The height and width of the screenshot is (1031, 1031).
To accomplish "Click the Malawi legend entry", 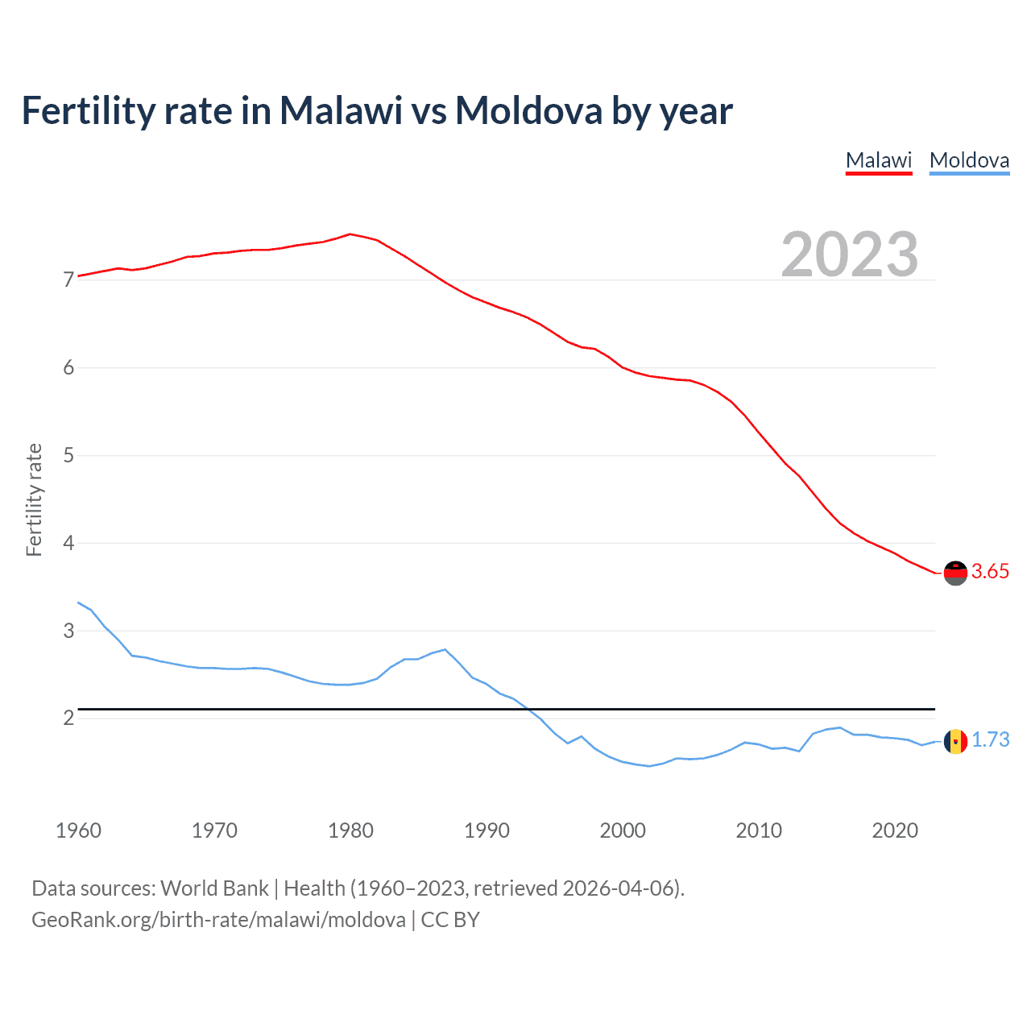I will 879,160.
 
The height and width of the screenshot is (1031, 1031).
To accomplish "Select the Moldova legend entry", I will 969,160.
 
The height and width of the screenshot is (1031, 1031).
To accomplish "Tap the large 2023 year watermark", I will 850,255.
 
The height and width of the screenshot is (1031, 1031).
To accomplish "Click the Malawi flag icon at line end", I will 955,573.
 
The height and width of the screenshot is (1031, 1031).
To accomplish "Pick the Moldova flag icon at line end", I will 955,741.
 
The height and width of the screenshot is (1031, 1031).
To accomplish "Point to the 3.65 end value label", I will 990,572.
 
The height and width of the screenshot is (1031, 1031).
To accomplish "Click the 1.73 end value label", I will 990,740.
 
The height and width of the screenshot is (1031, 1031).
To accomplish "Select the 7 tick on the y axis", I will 68,280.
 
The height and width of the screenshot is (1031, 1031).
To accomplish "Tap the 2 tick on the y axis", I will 68,718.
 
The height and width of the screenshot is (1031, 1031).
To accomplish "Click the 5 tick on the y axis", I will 68,456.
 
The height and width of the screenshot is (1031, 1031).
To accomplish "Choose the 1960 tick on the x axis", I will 78,830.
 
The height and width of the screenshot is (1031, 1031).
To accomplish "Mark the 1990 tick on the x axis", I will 487,830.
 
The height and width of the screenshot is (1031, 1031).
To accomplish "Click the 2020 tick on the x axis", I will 895,830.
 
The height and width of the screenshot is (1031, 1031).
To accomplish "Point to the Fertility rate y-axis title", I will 34,499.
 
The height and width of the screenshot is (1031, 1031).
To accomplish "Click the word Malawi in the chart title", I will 341,110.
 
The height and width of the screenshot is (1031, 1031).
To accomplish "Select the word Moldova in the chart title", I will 528,110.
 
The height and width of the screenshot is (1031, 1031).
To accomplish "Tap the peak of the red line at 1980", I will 350,234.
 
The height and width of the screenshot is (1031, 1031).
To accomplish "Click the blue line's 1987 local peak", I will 445,649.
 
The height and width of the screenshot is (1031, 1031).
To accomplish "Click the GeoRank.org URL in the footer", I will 218,920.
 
